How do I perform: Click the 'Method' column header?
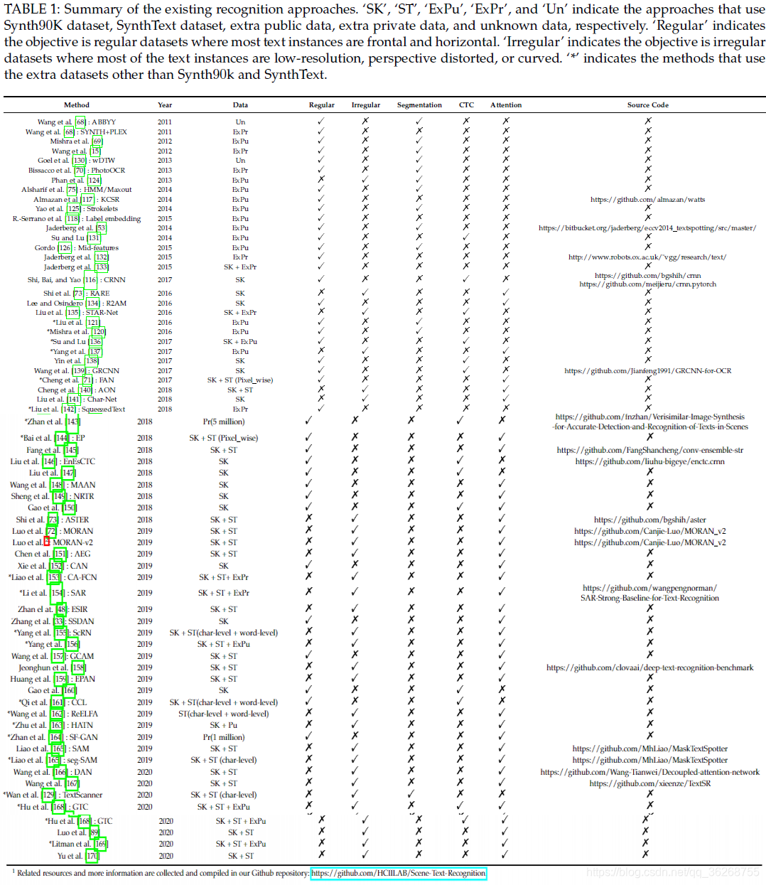[x=76, y=105]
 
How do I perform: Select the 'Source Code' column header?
[x=647, y=105]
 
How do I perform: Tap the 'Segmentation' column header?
[x=419, y=105]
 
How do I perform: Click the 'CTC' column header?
[x=466, y=105]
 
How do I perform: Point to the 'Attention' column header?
[x=506, y=105]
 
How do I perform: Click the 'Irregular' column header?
[x=365, y=105]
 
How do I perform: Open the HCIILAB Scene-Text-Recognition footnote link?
[x=398, y=874]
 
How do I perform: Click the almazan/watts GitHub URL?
[x=647, y=200]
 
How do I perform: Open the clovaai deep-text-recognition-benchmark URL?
[x=649, y=668]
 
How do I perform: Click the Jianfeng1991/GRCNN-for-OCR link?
[x=647, y=371]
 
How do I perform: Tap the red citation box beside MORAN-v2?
[x=47, y=542]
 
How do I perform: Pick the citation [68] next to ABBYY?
[x=81, y=122]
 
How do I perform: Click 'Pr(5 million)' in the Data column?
[x=223, y=422]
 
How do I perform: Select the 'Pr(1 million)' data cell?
[x=223, y=737]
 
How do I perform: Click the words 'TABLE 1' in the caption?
[x=28, y=10]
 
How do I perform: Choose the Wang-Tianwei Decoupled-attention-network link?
[x=649, y=772]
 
